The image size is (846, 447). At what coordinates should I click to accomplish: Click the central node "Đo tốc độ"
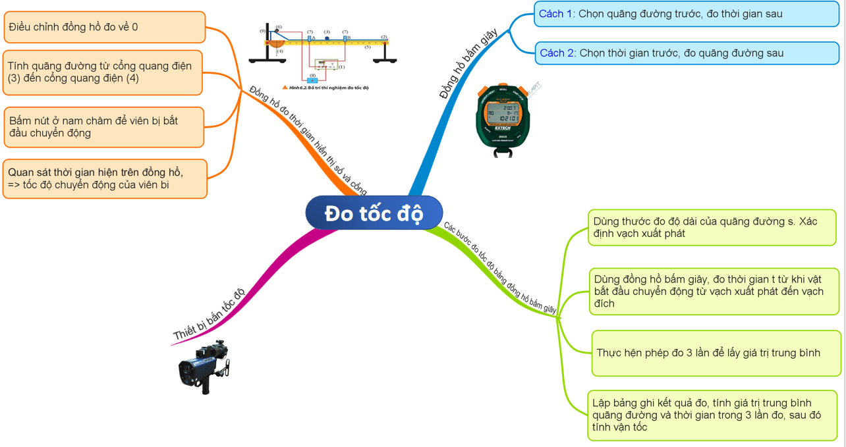pos(374,213)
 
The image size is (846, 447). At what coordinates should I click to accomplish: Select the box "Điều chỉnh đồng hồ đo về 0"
pos(104,27)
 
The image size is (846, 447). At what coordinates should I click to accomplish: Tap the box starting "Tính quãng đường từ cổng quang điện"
pos(102,72)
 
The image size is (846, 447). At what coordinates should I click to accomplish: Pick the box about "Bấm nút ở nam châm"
pos(103,127)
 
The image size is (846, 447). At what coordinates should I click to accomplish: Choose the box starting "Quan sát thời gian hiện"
pos(105,178)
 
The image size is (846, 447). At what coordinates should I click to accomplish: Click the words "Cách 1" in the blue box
pos(557,13)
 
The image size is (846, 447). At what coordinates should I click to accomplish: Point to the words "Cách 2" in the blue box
pos(557,53)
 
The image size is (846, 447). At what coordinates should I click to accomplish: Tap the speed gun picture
pos(205,366)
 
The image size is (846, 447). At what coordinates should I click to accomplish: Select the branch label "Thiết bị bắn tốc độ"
pos(208,315)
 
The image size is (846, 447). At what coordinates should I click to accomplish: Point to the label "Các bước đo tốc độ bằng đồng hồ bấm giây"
pos(500,267)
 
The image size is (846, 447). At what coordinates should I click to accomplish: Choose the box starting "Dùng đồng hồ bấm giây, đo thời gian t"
pos(714,291)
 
